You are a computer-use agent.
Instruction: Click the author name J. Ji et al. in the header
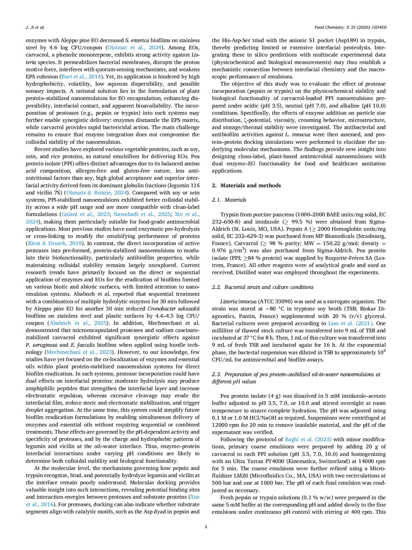35,27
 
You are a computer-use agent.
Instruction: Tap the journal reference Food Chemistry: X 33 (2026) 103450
350,27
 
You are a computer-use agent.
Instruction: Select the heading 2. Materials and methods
246,185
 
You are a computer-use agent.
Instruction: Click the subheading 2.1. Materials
229,200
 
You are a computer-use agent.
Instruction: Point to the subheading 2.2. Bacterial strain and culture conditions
262,287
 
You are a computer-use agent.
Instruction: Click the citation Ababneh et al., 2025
78,323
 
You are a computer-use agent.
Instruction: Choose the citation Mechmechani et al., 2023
79,352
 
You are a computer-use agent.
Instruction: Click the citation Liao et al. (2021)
350,323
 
